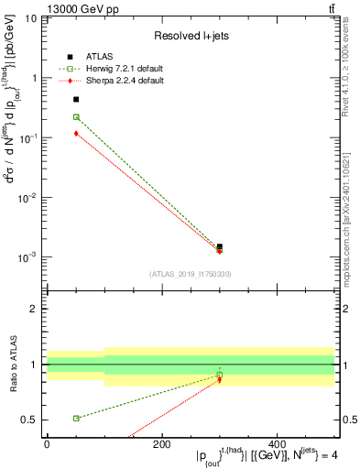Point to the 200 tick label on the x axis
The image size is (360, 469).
(162, 443)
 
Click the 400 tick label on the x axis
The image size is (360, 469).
(277, 443)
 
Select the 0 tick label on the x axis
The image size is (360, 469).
(47, 443)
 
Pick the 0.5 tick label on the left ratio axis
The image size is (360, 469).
(31, 420)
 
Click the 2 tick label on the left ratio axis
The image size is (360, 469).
(35, 309)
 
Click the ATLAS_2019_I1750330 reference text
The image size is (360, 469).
(191, 274)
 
